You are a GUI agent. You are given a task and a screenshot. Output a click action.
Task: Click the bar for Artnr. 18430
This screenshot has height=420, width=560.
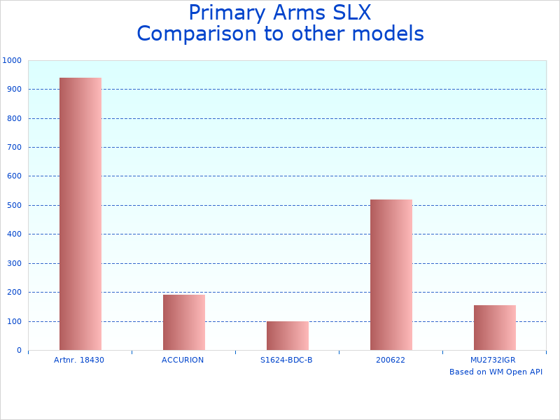80,213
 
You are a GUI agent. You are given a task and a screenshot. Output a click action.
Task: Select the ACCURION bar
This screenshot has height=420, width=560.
184,322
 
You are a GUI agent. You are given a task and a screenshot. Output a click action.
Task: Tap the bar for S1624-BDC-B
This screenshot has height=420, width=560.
288,335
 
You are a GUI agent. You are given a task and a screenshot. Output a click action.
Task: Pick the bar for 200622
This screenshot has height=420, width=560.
391,274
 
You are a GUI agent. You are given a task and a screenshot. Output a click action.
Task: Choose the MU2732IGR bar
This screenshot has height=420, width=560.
495,327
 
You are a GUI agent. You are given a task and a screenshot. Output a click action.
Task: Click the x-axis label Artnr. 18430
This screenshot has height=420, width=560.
79,360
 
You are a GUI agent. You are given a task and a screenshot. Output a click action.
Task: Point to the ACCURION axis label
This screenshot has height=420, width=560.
183,360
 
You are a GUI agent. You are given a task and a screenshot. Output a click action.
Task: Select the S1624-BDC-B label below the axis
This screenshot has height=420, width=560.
286,360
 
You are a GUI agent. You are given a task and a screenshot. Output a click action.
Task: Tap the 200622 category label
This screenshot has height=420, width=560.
391,360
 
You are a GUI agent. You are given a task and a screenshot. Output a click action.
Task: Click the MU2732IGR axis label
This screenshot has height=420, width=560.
493,360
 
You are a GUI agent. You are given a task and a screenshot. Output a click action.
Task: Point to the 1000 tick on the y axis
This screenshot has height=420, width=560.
12,61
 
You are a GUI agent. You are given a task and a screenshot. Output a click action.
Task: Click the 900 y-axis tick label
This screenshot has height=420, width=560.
14,90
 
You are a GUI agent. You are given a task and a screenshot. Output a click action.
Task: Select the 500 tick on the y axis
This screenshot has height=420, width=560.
14,206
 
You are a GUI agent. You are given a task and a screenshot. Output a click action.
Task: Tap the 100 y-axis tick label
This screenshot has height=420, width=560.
14,322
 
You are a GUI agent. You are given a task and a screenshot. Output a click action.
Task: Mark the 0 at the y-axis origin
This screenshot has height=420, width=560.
19,351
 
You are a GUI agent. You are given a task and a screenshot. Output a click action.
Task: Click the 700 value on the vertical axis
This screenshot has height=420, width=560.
14,148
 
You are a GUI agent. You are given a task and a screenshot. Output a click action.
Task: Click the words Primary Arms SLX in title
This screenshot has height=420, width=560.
279,13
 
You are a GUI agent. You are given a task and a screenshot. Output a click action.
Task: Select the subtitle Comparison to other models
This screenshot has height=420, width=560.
280,34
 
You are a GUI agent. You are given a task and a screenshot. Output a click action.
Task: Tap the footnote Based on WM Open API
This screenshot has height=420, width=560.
496,372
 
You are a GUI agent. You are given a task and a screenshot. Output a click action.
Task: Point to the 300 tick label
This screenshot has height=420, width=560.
14,264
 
